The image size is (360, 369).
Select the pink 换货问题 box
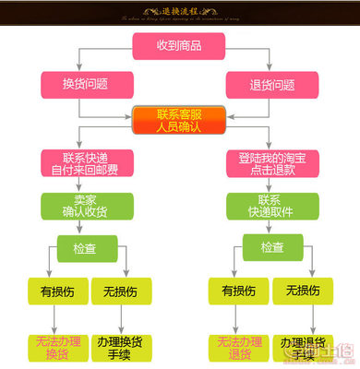(x=85, y=85)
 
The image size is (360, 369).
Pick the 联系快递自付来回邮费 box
(x=85, y=163)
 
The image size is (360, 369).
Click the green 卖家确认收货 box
(x=85, y=205)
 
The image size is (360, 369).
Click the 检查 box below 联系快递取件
(x=272, y=247)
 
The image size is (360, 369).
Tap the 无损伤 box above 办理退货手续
(x=301, y=291)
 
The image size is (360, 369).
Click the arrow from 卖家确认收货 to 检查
(x=84, y=227)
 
